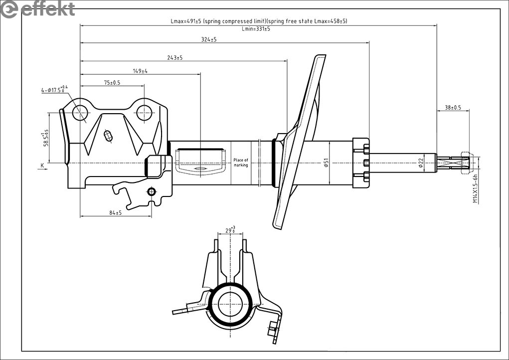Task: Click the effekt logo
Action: (x=38, y=8)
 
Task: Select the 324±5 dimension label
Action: (x=208, y=39)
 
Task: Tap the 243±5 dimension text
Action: (x=174, y=58)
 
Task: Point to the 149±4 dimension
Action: (x=140, y=71)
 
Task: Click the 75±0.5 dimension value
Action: (x=112, y=83)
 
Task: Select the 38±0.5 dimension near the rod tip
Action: (x=453, y=107)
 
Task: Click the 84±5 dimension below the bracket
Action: (x=115, y=213)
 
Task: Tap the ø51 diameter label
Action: (x=326, y=163)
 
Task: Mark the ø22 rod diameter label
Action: (x=421, y=163)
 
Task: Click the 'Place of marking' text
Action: (x=241, y=163)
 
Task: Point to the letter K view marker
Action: (x=42, y=165)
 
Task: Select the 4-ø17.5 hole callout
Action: (x=54, y=90)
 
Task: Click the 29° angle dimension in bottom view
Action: (x=230, y=230)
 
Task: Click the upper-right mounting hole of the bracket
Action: (x=144, y=113)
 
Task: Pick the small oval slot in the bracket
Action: (x=108, y=135)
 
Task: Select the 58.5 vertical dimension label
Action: (x=46, y=138)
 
